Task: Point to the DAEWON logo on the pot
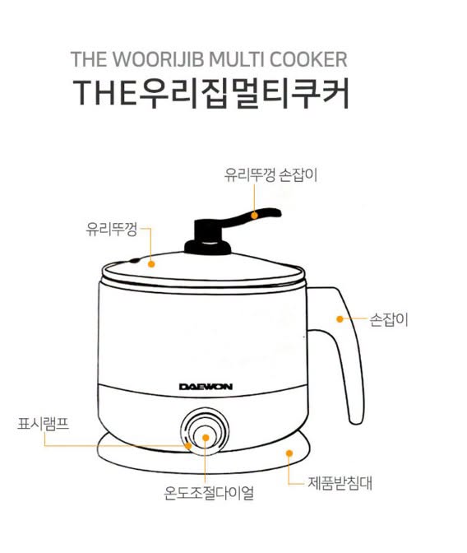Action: [x=206, y=387]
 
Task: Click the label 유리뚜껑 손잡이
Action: [x=270, y=175]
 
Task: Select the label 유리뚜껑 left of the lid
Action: [x=111, y=230]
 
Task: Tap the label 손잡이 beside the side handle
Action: [x=388, y=320]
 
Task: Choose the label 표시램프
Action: [x=43, y=424]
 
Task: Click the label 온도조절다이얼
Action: [x=209, y=493]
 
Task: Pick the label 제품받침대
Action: [x=340, y=483]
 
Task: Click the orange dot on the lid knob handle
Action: [x=255, y=215]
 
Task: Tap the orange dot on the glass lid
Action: [x=151, y=264]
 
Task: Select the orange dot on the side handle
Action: [x=340, y=318]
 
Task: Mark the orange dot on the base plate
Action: [x=289, y=453]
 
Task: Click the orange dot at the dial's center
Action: [x=206, y=438]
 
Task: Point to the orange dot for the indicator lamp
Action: [x=188, y=446]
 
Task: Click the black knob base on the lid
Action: [x=207, y=247]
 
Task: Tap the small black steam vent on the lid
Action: [x=134, y=261]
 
